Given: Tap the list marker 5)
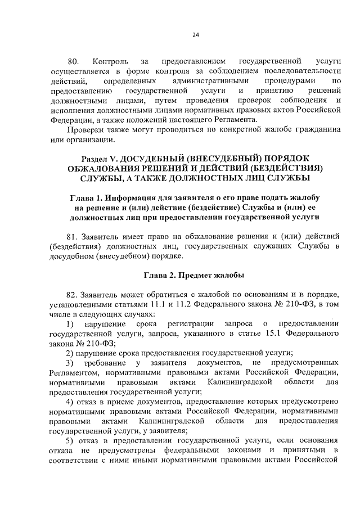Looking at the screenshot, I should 70,439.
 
